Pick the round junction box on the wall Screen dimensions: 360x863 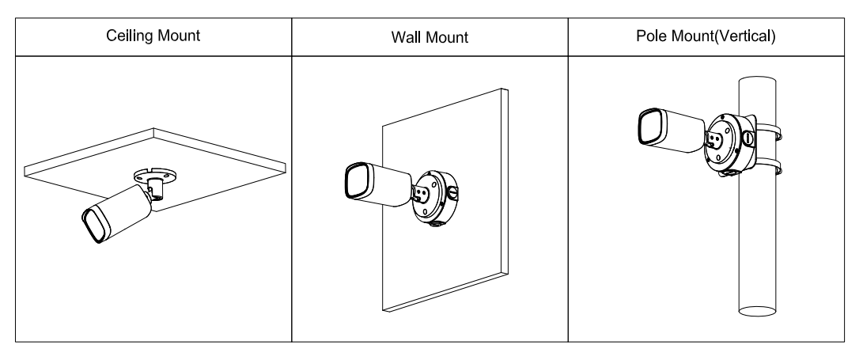433,196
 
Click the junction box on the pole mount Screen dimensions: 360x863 726,142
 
